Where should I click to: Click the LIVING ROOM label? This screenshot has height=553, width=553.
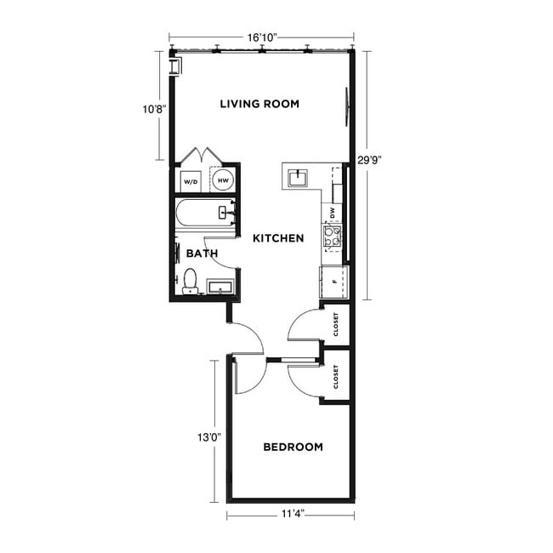point(259,104)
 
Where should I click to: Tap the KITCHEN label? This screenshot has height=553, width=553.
point(278,238)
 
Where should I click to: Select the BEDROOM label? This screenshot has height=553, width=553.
point(293,447)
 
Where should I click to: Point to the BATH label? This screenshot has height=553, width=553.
point(202,253)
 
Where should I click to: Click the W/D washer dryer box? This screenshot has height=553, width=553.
point(190,180)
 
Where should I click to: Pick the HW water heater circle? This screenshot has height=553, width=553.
point(223,180)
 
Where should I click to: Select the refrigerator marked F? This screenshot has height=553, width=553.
point(334,279)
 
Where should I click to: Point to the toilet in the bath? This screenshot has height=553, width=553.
point(190,280)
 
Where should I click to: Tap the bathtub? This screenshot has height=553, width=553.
point(204,213)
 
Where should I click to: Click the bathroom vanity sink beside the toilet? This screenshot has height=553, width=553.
point(220,287)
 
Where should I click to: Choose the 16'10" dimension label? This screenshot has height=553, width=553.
point(263,37)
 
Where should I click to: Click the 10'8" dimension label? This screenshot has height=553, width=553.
point(153,109)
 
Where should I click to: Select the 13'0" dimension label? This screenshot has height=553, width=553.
point(209,436)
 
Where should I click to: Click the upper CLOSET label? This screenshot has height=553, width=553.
point(336,322)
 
